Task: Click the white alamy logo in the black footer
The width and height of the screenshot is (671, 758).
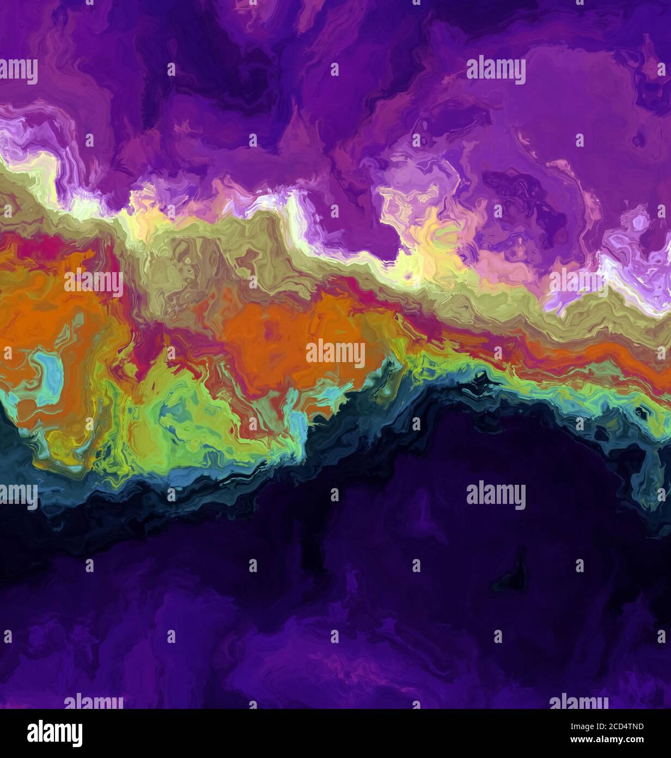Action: pos(54,733)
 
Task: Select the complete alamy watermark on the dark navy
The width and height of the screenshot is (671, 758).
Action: pos(496,495)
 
